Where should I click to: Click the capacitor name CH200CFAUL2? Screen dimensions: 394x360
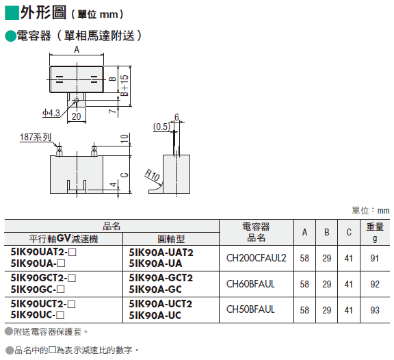pos(256,258)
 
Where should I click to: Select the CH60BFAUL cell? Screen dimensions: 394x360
pos(250,284)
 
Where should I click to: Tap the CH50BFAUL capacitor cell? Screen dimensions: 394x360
pos(250,309)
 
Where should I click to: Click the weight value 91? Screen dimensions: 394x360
pos(374,258)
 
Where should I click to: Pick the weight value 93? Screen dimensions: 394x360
pos(375,310)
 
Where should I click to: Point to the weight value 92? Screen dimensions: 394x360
pos(375,284)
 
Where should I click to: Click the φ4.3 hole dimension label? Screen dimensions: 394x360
pos(51,113)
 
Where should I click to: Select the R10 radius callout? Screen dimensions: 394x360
pos(153,175)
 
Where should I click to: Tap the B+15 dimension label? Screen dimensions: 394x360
pos(124,86)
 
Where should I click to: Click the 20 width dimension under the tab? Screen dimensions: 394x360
pos(77,116)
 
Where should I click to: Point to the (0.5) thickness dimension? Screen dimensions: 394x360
pos(161,127)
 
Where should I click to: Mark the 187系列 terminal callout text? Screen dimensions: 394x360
pos(36,138)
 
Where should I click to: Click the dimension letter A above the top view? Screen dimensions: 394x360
pos(77,49)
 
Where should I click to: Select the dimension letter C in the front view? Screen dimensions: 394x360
pos(124,175)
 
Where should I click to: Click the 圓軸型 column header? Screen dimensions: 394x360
pos(171,239)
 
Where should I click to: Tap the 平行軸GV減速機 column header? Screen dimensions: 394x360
pos(64,238)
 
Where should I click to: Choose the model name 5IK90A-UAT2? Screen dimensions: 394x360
pos(161,253)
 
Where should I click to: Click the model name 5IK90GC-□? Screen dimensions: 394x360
pos(38,290)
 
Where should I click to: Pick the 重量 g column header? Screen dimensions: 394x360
pos(375,232)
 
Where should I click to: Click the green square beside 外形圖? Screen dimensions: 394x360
pos(12,12)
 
